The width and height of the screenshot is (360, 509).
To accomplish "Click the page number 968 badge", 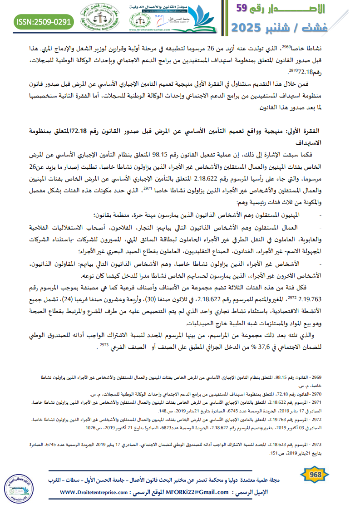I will tap(314, 475).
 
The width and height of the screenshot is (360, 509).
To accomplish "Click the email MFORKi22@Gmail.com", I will tap(197, 492).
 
